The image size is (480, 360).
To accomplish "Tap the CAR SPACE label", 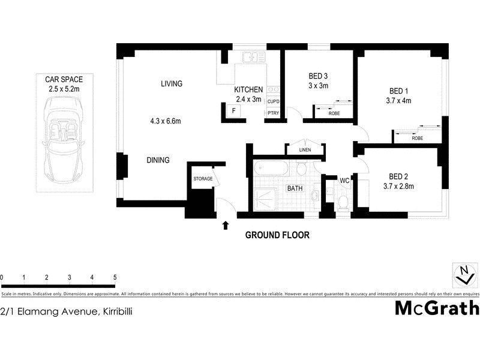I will (x=64, y=79).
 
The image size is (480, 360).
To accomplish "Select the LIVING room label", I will (x=171, y=83).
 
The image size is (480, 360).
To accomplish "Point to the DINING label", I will (x=158, y=160).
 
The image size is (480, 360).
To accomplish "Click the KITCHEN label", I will (x=248, y=90).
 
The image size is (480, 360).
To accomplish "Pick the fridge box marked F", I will (x=233, y=110).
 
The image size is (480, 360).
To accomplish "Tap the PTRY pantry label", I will (x=273, y=112).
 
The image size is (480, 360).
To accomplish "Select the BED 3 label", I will (x=319, y=76).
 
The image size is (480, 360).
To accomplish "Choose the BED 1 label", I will (x=399, y=91).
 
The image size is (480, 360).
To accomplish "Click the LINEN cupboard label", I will (x=305, y=150).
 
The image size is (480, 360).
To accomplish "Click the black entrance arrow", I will (x=226, y=226).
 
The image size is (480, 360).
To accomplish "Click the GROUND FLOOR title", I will (x=277, y=235).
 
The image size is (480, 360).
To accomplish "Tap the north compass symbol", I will (x=463, y=275).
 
